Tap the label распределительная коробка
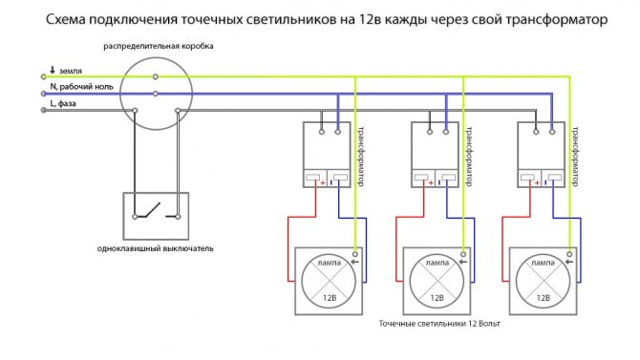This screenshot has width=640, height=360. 159,46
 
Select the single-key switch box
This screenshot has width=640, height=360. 155,215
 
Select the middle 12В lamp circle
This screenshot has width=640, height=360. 436,281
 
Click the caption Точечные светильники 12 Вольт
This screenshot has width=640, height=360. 438,327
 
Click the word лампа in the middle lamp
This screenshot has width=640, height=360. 436,261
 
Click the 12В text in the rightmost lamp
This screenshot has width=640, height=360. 541,299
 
